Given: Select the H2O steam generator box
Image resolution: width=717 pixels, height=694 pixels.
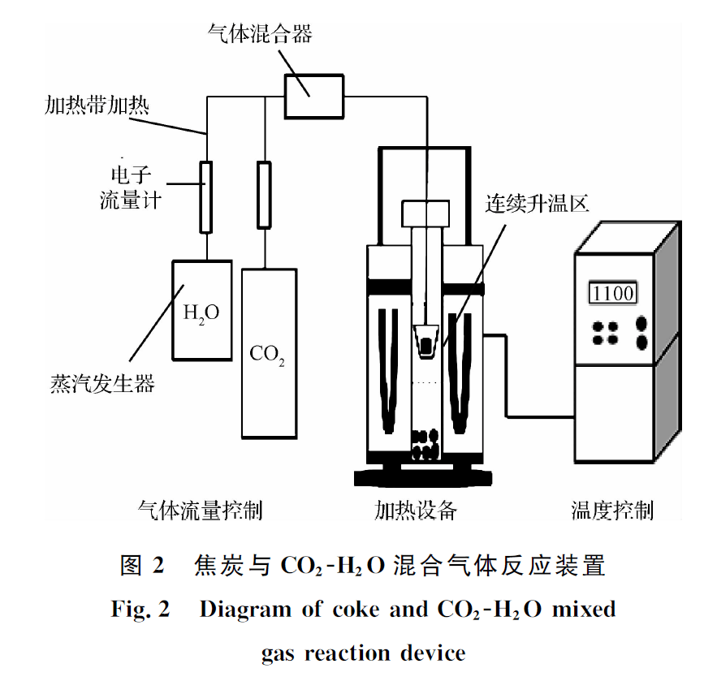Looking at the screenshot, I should coord(198,310).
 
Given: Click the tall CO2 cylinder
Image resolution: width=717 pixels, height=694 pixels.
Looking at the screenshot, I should coord(267,353).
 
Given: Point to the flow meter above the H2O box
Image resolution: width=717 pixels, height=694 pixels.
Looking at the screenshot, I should coord(207,196).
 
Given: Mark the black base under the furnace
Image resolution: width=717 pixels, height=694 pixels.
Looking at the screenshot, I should coord(423,476).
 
